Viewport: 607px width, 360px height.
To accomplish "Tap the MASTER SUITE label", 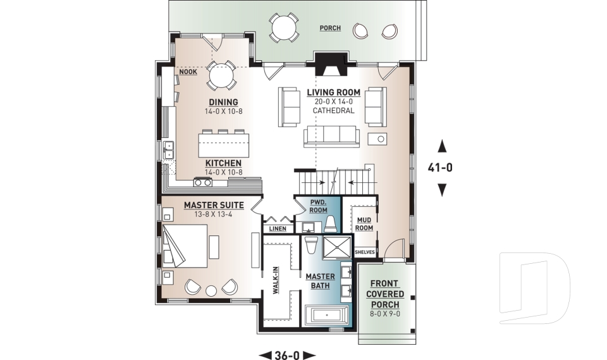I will (211, 206).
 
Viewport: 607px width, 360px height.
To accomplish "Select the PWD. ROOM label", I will (318, 206).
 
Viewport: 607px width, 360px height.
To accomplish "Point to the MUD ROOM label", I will (364, 223).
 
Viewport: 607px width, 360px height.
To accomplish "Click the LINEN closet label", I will (278, 228).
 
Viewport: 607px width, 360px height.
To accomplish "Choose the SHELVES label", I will (365, 252).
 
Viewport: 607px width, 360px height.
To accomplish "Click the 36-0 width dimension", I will (288, 354).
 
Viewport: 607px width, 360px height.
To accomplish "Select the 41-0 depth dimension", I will (442, 168).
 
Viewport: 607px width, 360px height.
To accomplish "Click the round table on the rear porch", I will (282, 28).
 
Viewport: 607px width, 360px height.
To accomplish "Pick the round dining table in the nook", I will (221, 76).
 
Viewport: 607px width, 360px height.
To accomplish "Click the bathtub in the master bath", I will (326, 314).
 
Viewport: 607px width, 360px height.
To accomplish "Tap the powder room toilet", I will (330, 223).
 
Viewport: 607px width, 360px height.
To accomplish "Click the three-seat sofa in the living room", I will (331, 135).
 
